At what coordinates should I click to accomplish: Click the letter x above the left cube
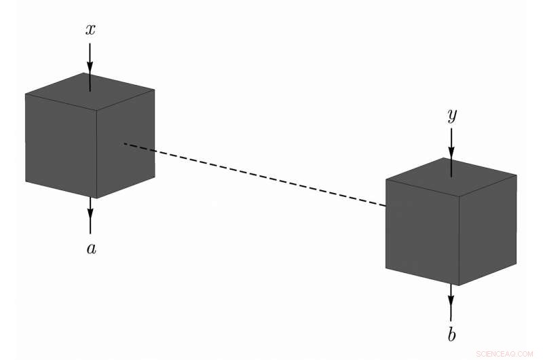90,29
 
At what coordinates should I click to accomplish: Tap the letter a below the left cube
91,249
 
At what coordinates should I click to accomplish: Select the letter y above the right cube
451,116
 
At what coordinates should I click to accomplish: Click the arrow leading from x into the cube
90,65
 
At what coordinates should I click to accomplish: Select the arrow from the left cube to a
90,217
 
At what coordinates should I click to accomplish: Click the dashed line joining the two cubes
255,174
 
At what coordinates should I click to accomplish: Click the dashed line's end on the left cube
126,144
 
